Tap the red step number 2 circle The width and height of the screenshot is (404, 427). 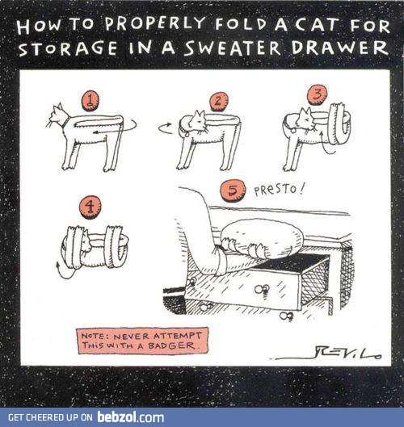pos(218,101)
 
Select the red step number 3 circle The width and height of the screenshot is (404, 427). pos(317,94)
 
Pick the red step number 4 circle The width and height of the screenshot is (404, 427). pos(90,207)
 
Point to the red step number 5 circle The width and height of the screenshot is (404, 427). pos(233,190)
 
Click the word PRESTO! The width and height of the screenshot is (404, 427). pos(280,190)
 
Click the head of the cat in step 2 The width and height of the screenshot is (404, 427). pos(193,122)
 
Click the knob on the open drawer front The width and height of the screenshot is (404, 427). pos(260,289)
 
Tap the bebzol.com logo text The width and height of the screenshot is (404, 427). pos(130,417)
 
